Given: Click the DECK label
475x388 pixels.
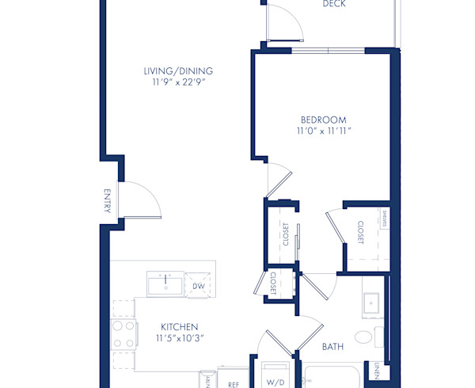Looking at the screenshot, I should (334, 4).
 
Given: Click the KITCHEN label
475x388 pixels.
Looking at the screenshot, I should (179, 326).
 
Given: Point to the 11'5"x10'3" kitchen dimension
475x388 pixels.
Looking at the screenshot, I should (179, 338).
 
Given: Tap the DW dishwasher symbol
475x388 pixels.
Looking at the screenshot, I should (199, 286).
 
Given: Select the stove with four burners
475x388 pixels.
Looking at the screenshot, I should (124, 334).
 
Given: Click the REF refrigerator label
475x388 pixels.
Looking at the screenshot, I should (234, 384).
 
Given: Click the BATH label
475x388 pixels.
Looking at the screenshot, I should (332, 346).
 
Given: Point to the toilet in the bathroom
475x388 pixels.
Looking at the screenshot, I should (364, 337).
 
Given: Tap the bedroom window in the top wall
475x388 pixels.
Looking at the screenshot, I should (328, 51).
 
